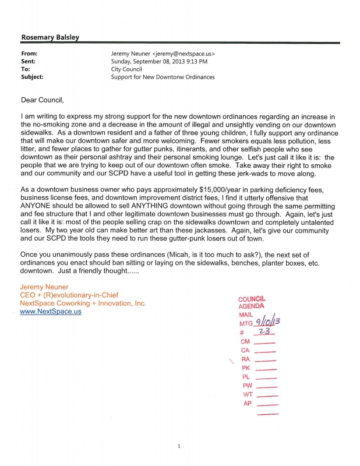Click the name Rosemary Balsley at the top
(x=50, y=37)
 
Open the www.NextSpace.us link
(x=51, y=312)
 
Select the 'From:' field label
(x=30, y=52)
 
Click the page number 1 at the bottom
(x=179, y=446)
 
